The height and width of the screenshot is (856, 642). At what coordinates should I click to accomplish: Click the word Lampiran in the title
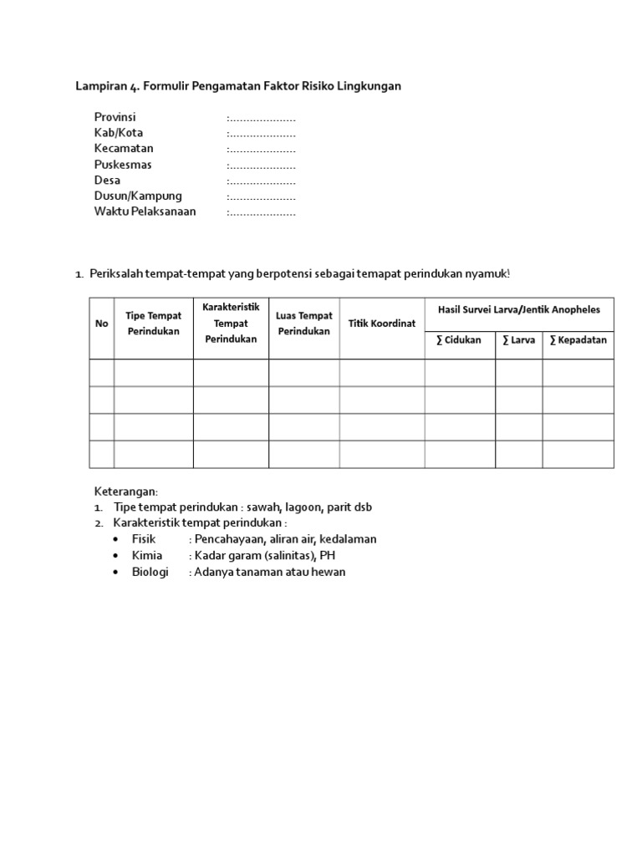point(99,86)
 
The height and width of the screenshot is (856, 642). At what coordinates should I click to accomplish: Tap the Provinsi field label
point(115,117)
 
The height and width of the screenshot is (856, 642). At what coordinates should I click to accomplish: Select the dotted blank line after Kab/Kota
point(262,133)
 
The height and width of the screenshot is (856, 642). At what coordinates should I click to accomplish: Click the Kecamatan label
point(124,149)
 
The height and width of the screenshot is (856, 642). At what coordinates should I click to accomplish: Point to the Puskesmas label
point(123,165)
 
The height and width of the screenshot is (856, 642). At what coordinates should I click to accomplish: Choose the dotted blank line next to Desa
point(262,181)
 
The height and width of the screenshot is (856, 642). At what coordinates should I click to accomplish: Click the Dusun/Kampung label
point(138,196)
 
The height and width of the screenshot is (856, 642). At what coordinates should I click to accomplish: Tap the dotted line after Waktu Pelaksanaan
point(262,211)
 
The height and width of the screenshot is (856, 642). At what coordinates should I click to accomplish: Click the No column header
point(102,324)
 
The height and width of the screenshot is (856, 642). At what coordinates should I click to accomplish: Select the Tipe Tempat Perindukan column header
point(154,324)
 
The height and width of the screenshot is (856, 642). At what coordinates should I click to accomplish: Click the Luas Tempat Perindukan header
point(304,324)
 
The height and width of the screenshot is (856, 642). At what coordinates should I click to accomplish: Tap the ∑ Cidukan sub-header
point(459,340)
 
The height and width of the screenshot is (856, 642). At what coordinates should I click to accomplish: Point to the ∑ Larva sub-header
point(518,340)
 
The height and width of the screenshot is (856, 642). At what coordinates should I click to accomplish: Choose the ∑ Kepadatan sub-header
point(578,340)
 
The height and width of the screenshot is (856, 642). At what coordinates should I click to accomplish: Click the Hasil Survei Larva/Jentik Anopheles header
point(519,309)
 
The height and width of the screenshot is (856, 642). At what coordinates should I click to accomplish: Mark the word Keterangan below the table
point(125,491)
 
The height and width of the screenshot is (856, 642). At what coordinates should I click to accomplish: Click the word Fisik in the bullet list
point(144,539)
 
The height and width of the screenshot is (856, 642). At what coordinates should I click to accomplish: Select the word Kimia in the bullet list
point(146,555)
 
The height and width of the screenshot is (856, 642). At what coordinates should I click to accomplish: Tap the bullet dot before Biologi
point(115,572)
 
